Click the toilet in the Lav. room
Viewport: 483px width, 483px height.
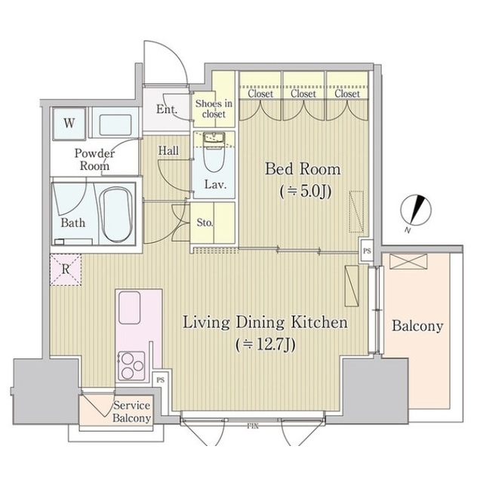[x=214, y=152]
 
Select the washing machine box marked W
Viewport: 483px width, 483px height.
[x=69, y=124]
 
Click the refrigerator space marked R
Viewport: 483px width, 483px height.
[x=66, y=270]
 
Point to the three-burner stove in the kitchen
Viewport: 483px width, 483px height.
[x=131, y=365]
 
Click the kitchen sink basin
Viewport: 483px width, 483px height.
[x=130, y=308]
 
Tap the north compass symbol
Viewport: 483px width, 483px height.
[x=416, y=211]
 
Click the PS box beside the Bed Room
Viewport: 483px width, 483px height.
[x=367, y=251]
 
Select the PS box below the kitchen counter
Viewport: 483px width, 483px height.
[x=160, y=380]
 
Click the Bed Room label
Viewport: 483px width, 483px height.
[x=303, y=169]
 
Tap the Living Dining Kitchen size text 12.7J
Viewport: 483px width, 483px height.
[x=266, y=345]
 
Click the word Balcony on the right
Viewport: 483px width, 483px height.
[x=417, y=326]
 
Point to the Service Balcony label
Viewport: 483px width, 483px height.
[x=132, y=411]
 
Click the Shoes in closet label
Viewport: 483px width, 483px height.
[x=214, y=109]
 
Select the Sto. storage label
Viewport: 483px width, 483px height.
[x=205, y=223]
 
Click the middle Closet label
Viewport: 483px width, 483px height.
[x=303, y=94]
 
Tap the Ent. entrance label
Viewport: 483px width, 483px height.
[x=167, y=109]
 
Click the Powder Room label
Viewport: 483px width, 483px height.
[x=94, y=159]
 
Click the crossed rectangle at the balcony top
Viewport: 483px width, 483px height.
[x=408, y=262]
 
